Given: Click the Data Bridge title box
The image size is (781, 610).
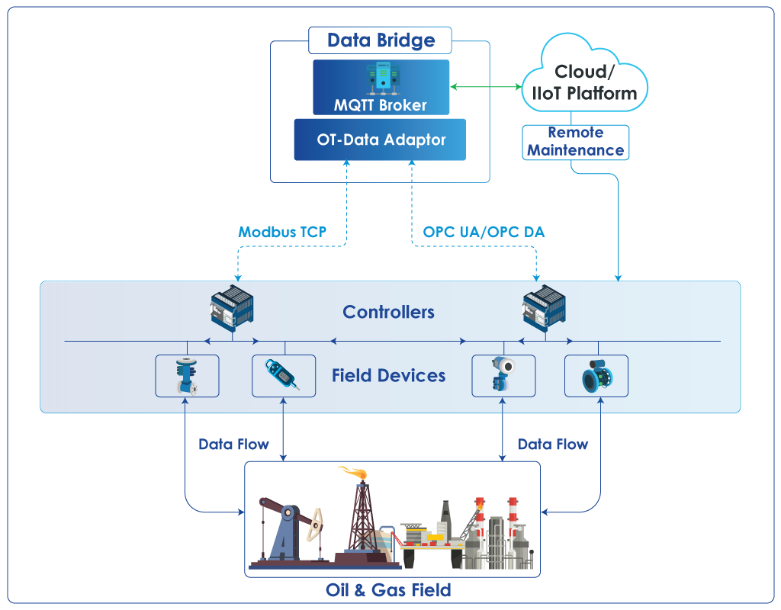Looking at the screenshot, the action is tap(380, 40).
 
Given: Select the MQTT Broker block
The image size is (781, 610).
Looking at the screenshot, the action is tap(381, 87).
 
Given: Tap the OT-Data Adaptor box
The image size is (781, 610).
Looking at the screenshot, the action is tap(380, 140).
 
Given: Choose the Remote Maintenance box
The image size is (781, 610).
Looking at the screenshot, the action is tap(575, 143).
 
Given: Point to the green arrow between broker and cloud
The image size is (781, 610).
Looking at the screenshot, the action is tap(486, 87).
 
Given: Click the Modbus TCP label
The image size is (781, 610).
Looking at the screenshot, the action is tap(282, 232).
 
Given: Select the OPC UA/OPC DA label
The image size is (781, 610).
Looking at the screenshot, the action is tap(484, 232).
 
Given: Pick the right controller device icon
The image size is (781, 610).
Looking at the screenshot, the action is tap(544, 307).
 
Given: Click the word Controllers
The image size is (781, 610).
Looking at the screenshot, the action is tap(388, 312).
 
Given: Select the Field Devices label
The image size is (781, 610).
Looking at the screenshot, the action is tap(388, 375).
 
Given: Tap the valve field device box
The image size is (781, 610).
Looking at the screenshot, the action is tap(188, 376).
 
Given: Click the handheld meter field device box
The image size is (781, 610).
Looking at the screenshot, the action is tap(284, 376).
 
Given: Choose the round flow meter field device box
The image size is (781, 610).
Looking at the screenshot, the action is tap(596, 376).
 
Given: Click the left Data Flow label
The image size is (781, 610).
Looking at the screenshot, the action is tap(233, 445).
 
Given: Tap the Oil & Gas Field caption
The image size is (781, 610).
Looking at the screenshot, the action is tap(388, 590).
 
